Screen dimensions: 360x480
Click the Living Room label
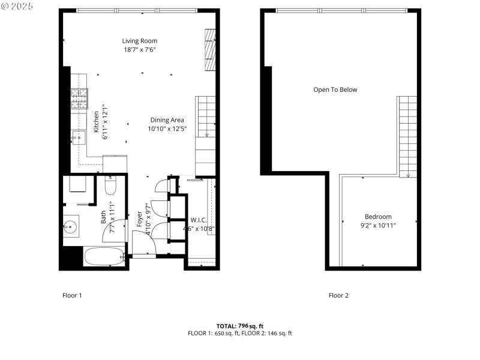tap(140, 41)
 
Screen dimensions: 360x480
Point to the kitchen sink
tap(79, 137)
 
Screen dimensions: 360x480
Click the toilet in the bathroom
tap(110, 186)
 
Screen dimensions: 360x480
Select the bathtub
tap(104, 257)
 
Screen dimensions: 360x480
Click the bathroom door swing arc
tap(115, 230)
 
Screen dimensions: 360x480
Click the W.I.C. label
tap(199, 220)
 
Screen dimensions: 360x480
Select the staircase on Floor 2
tap(407, 136)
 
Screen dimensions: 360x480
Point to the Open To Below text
tap(335, 90)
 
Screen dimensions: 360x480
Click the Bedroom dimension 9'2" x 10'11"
tap(377, 225)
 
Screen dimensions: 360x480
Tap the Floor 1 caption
tap(72, 295)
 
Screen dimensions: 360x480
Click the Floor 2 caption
tap(338, 295)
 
